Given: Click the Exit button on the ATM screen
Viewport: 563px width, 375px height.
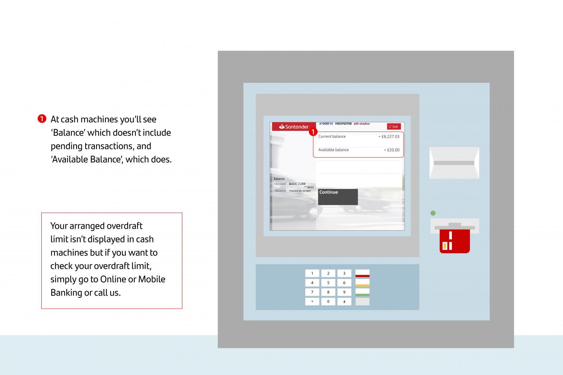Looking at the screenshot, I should pos(394,127).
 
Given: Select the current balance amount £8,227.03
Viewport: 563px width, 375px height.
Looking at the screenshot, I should pos(389,136).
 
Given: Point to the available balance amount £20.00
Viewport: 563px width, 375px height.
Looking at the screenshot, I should pos(392,150).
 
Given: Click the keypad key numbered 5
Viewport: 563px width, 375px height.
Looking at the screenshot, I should pos(328,283).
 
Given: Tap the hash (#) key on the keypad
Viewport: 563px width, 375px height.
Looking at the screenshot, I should pos(344,301).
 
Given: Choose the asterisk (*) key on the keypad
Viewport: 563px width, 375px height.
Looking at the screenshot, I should pos(312,301).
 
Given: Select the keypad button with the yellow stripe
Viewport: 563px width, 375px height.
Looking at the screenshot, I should pos(362,283).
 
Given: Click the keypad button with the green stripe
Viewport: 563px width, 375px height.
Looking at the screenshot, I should pos(362,292).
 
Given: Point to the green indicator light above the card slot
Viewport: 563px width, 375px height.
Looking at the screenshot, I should pos(433,213).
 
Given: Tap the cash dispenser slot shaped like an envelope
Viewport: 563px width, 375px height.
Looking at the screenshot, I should pos(454,163).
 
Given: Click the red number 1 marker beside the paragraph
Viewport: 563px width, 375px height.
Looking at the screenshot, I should pos(42,119).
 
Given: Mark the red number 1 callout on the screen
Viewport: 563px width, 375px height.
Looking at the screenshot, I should pos(313,132).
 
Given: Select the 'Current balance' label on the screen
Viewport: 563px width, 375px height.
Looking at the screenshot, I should pos(332,136).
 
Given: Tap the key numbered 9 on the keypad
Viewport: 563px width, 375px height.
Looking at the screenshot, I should pos(344,292).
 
